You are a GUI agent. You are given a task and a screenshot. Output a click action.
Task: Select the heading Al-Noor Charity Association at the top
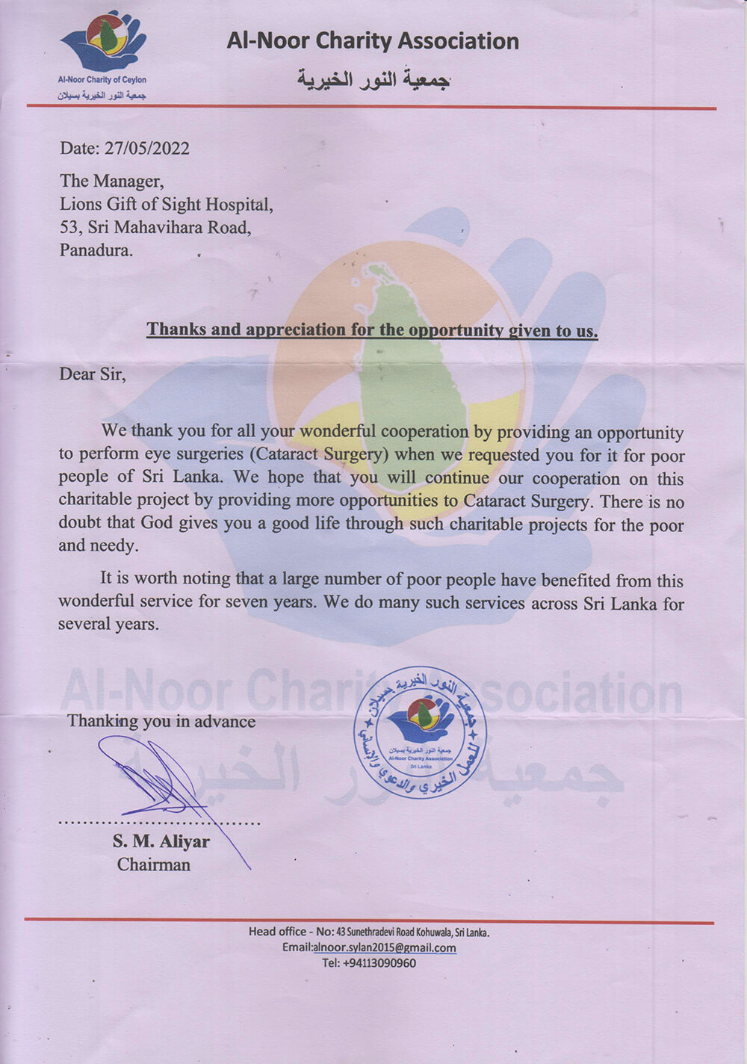click(373, 41)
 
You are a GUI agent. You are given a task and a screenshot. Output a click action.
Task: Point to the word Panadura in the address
click(96, 250)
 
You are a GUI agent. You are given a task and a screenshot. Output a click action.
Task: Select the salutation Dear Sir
click(92, 374)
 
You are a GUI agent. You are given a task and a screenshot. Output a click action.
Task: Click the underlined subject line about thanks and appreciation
click(372, 330)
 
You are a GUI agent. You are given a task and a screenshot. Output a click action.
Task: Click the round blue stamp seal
click(419, 731)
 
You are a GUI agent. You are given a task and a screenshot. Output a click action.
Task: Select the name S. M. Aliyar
click(161, 841)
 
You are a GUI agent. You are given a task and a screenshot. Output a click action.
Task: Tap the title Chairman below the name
click(154, 864)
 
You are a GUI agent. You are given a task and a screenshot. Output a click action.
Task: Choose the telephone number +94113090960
click(380, 963)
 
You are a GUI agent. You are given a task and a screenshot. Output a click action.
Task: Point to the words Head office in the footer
click(277, 932)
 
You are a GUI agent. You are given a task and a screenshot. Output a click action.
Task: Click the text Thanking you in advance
click(161, 721)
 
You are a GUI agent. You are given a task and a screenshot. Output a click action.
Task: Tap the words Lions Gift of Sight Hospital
click(166, 204)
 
